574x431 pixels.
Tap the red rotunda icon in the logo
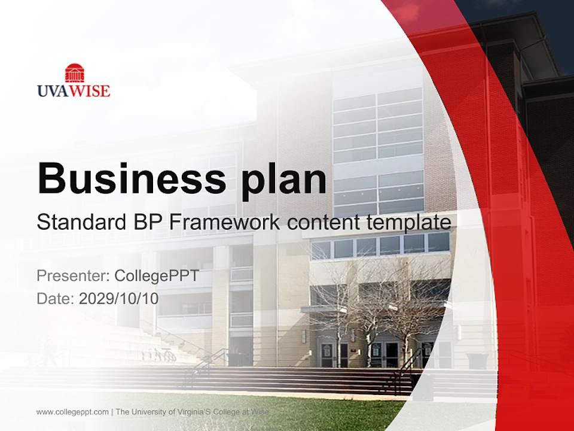tap(75, 73)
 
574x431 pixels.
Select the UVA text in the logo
tap(54, 91)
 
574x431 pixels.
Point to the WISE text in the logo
tap(91, 91)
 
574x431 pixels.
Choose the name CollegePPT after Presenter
tap(157, 276)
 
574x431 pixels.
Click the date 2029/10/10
tap(119, 298)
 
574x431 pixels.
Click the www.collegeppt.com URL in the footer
tap(72, 412)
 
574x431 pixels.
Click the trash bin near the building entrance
tap(476, 360)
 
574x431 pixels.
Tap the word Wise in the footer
tap(261, 412)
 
